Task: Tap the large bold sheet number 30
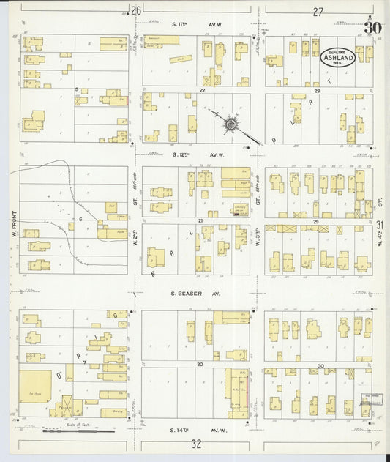point(373,29)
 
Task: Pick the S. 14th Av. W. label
point(195,430)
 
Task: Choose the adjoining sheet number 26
point(135,11)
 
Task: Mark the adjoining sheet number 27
point(317,12)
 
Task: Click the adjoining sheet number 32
point(195,444)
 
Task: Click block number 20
point(198,363)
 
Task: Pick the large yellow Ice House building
point(35,387)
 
